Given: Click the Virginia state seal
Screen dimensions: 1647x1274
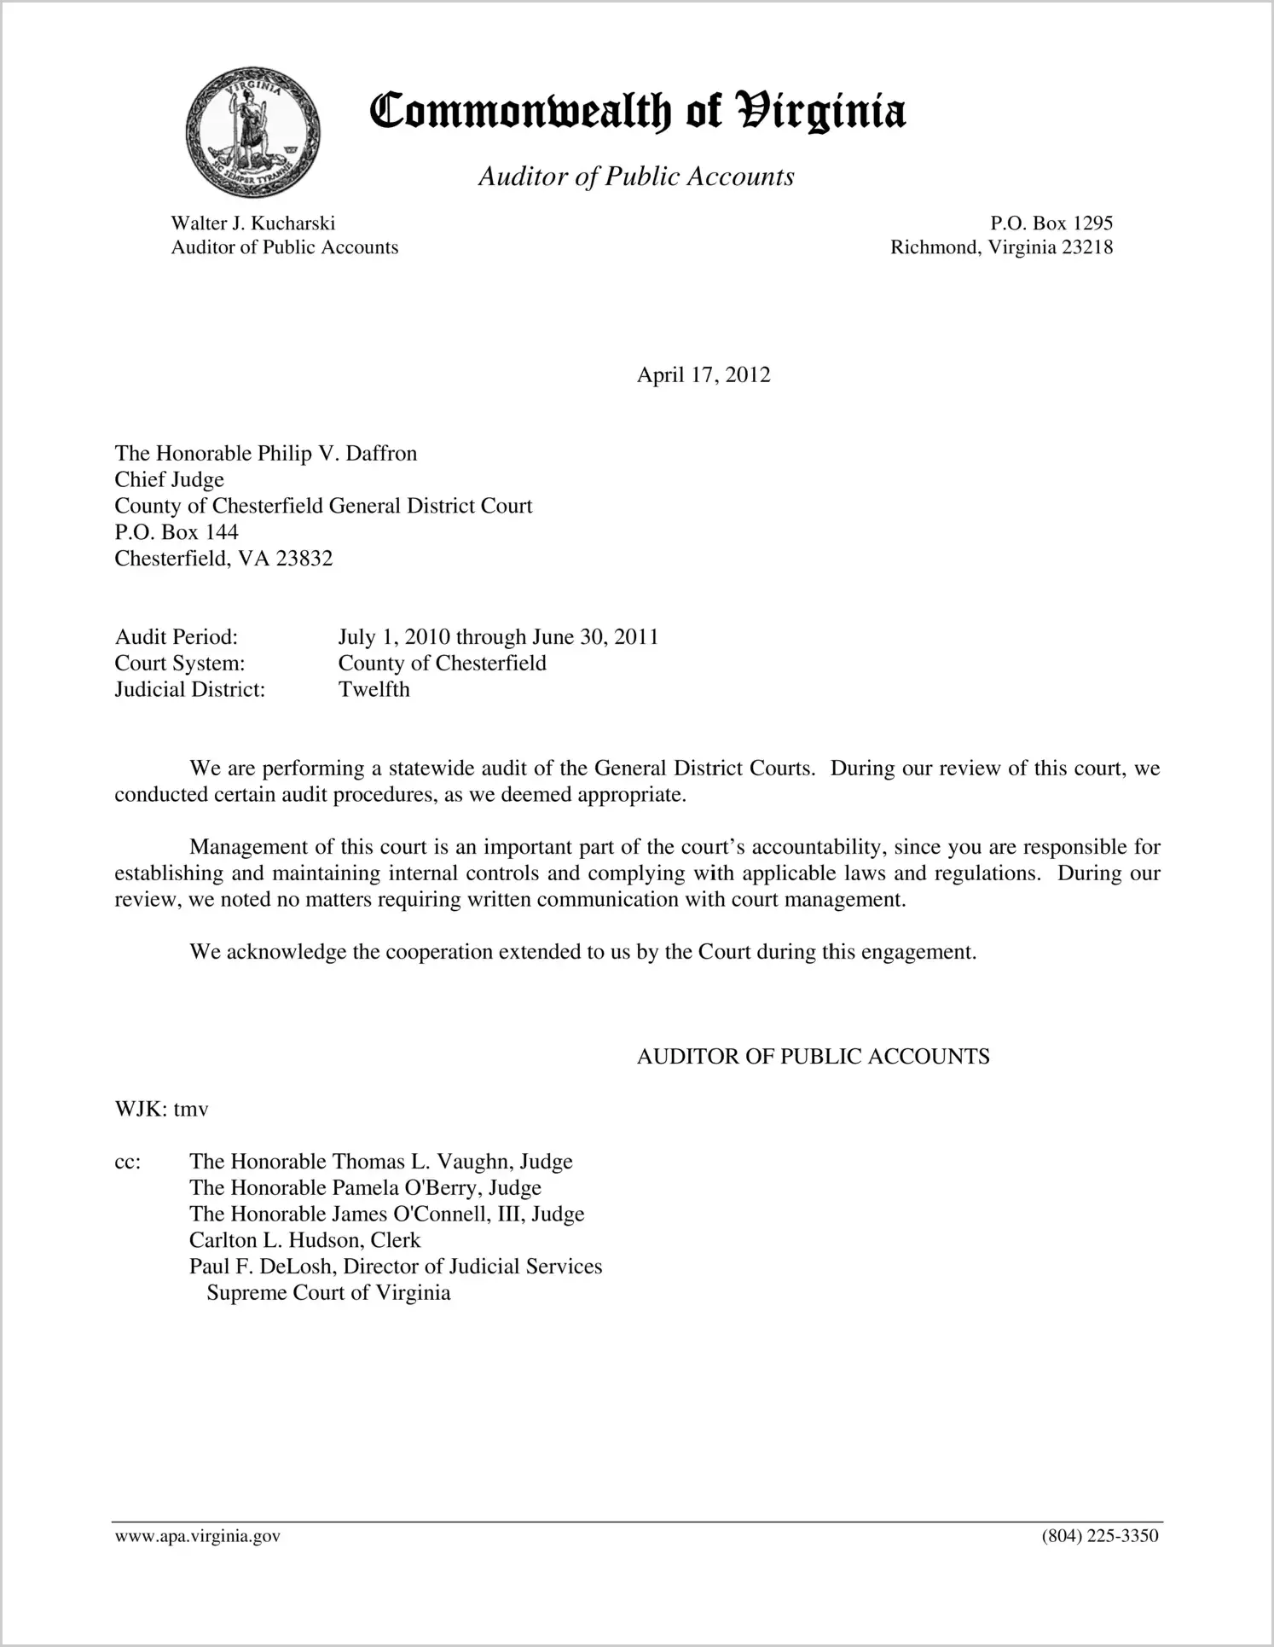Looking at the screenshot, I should tap(252, 133).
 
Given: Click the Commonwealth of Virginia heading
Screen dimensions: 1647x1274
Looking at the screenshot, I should tap(637, 113).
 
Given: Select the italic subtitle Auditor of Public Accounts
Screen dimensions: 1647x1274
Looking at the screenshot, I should tap(636, 177).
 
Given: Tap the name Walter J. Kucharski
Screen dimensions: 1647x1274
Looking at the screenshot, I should tap(253, 223).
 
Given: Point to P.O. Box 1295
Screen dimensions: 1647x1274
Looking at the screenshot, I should tap(1051, 223).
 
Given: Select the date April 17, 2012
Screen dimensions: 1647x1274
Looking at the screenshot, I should tap(704, 375).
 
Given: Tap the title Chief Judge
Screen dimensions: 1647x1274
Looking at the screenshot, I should tap(170, 479).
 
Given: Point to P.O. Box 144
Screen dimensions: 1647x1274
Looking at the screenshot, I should tap(177, 532).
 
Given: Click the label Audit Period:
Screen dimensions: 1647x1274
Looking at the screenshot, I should tap(177, 637).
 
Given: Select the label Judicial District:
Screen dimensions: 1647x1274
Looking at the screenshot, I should tap(190, 690).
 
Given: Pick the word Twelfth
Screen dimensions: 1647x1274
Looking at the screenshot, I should tap(374, 690).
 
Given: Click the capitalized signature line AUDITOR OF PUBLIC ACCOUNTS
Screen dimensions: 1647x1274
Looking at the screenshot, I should tap(813, 1057).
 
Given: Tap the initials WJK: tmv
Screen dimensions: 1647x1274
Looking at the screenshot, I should tap(162, 1110).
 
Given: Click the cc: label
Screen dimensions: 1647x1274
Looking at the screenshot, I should tap(128, 1162).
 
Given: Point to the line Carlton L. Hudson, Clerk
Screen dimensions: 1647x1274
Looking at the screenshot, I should tap(305, 1240).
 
